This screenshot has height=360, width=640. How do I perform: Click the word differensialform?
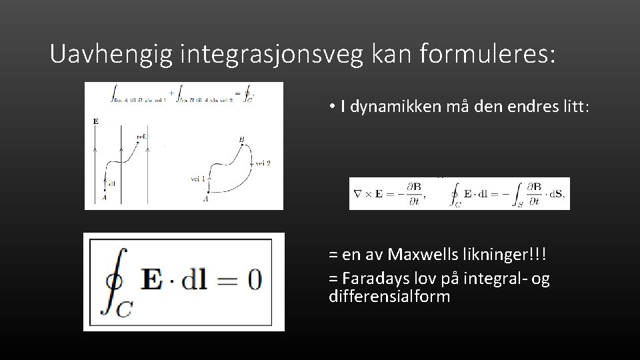pyautogui.click(x=389, y=296)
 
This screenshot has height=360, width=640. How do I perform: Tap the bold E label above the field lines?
pyautogui.click(x=95, y=122)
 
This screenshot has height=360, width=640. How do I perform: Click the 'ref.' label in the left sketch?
pyautogui.click(x=141, y=137)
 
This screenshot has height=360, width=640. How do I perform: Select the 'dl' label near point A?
pyautogui.click(x=111, y=183)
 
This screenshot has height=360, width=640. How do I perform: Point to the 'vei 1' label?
pyautogui.click(x=198, y=178)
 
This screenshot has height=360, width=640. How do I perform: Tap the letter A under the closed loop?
pyautogui.click(x=206, y=198)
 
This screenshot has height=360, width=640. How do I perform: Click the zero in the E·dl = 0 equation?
pyautogui.click(x=254, y=279)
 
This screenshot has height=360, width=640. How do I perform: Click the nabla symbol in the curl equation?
pyautogui.click(x=358, y=194)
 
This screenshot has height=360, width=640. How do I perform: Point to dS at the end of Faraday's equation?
pyautogui.click(x=557, y=194)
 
